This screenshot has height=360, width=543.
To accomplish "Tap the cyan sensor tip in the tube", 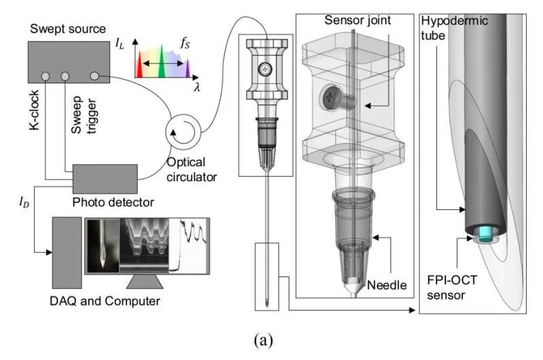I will tap(485, 234).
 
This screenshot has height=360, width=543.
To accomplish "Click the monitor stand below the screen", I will tap(147, 282).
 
